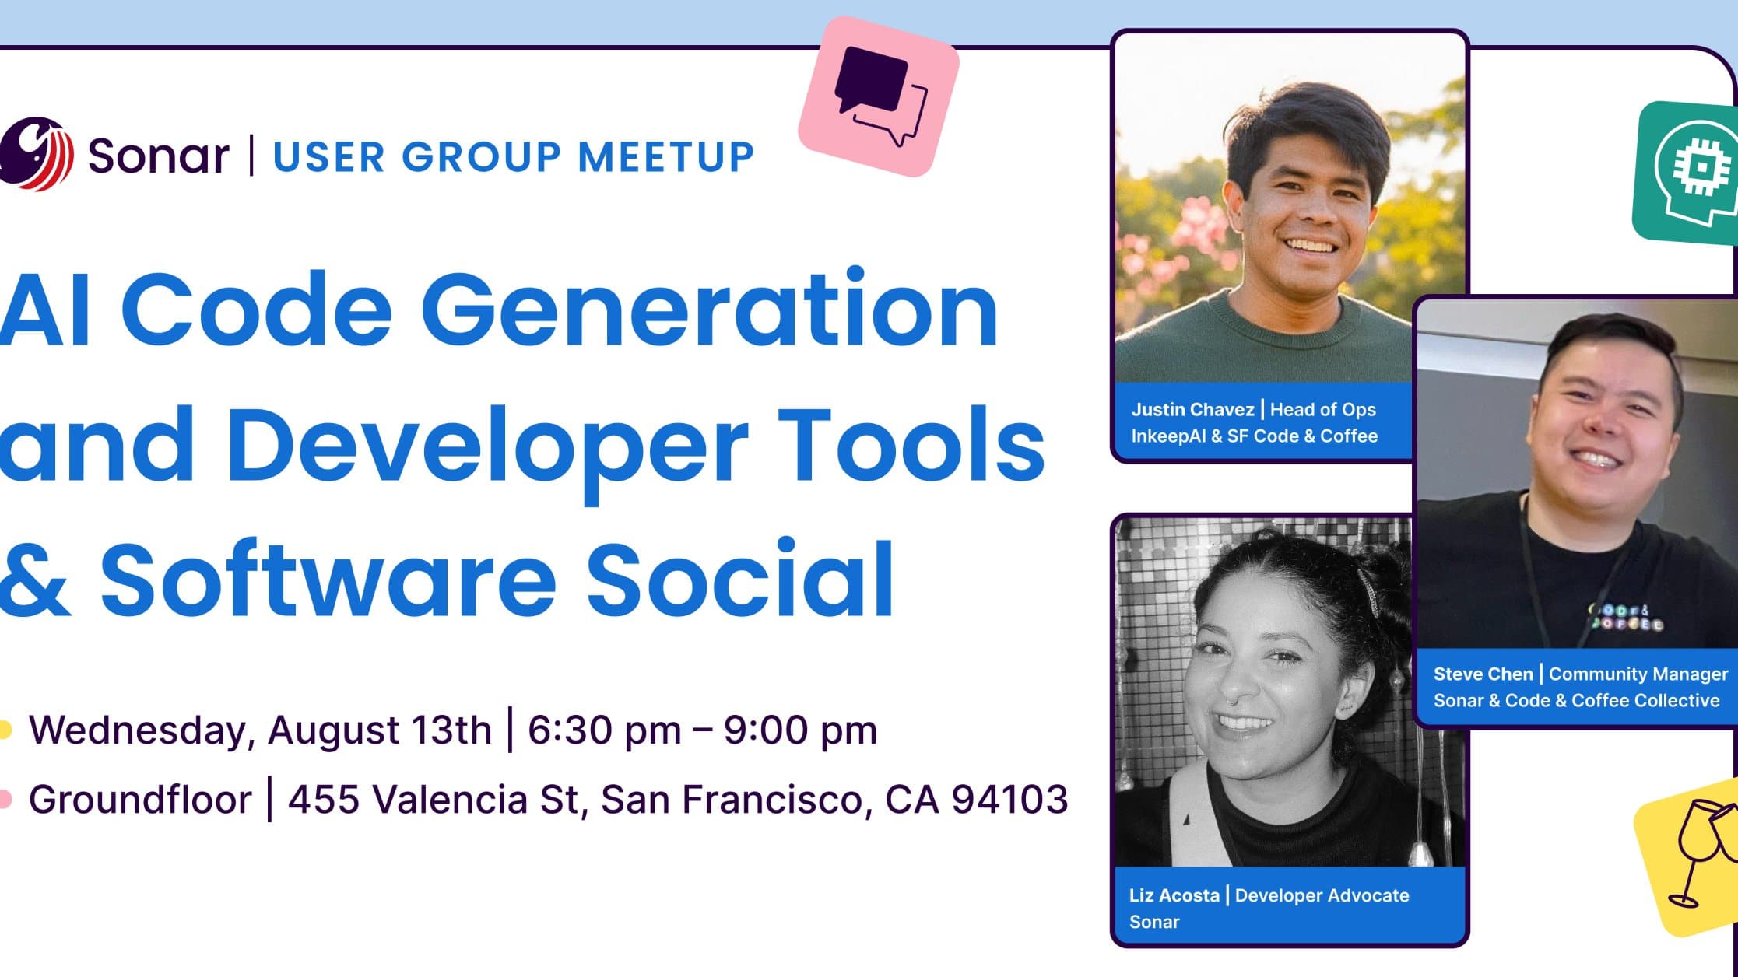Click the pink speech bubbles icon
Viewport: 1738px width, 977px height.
pyautogui.click(x=879, y=96)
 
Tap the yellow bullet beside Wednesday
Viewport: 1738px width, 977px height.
pyautogui.click(x=5, y=730)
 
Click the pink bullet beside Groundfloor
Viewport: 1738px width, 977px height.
pyautogui.click(x=5, y=799)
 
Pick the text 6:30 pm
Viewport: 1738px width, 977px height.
pyautogui.click(x=604, y=730)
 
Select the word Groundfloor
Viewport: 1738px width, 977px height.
pyautogui.click(x=140, y=799)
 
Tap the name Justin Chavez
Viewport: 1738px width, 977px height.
pyautogui.click(x=1192, y=410)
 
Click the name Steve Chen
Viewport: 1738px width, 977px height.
pyautogui.click(x=1483, y=674)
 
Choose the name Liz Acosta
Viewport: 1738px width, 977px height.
pyautogui.click(x=1174, y=895)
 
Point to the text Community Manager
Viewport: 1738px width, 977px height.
pyautogui.click(x=1638, y=674)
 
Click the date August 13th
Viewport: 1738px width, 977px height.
pyautogui.click(x=380, y=730)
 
